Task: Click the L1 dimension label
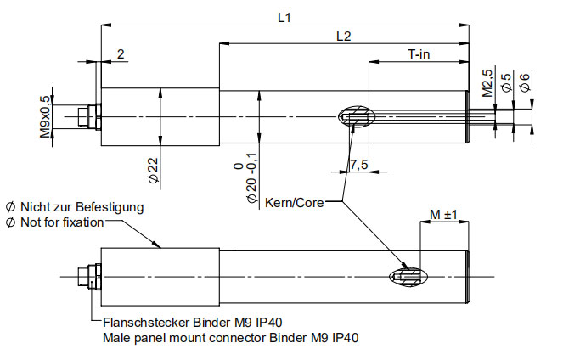point(284,16)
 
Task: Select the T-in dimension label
point(419,54)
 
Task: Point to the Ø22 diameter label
point(154,170)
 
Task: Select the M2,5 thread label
point(487,83)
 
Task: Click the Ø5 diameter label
point(506,83)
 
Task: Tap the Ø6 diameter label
point(525,83)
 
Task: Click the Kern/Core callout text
point(294,203)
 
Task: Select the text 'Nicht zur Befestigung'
point(75,206)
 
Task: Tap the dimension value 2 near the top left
point(121,54)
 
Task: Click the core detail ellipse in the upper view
point(354,116)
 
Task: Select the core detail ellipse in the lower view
point(409,277)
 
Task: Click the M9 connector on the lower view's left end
point(88,277)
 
